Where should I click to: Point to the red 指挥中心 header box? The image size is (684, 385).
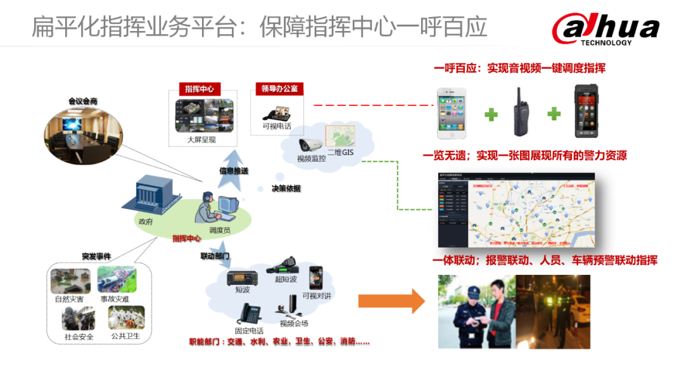pos(199,89)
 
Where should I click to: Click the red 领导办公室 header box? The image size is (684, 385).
pos(279,89)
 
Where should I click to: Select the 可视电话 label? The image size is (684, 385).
pos(277,126)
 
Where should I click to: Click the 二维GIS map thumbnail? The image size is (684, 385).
pos(340,137)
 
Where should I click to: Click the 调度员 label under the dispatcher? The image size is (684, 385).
pos(219,230)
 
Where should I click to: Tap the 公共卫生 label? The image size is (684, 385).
pos(125,336)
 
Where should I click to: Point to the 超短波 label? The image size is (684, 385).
pos(286,279)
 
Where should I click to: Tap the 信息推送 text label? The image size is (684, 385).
pos(233,171)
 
